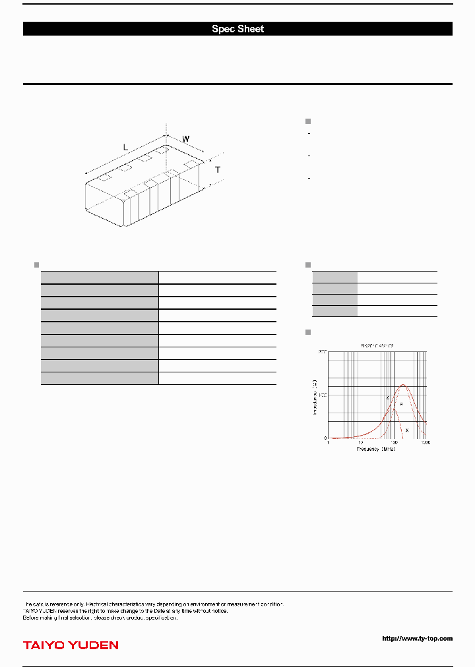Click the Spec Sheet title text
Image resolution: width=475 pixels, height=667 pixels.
click(x=237, y=29)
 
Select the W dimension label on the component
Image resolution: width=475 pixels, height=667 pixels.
click(x=186, y=139)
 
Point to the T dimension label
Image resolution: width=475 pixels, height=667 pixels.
click(x=218, y=170)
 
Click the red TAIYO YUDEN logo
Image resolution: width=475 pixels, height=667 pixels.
click(x=71, y=645)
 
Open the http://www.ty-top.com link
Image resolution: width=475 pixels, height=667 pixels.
click(x=417, y=638)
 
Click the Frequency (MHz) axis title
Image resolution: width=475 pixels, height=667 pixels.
click(x=376, y=449)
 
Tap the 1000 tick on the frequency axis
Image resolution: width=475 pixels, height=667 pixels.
click(x=426, y=443)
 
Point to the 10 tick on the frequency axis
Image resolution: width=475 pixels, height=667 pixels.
click(x=361, y=443)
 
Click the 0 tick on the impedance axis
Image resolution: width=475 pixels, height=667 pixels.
click(x=325, y=438)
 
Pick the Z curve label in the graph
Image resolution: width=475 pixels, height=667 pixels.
click(x=387, y=398)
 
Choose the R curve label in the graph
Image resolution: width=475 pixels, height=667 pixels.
click(x=401, y=403)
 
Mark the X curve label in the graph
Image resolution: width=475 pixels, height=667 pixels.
click(x=406, y=430)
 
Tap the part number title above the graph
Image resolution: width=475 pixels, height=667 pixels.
click(x=377, y=345)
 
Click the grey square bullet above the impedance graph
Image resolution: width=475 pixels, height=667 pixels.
click(x=307, y=331)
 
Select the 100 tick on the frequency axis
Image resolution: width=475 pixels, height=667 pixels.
click(x=394, y=443)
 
